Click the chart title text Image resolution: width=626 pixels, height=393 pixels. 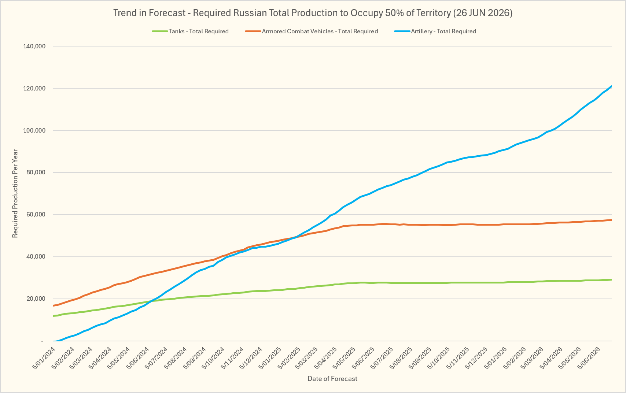click(x=313, y=13)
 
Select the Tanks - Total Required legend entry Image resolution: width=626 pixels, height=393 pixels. click(x=190, y=31)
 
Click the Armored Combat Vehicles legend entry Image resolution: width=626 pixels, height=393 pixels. click(x=312, y=31)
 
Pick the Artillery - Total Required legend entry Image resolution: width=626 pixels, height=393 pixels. click(x=435, y=31)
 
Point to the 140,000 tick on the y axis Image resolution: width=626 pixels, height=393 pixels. click(x=34, y=47)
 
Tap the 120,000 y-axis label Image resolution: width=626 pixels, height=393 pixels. click(x=34, y=89)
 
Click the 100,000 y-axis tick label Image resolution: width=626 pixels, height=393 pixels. click(x=34, y=130)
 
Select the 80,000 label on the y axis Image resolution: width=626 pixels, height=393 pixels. click(x=36, y=173)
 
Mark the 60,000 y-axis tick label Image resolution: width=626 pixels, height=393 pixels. click(x=36, y=215)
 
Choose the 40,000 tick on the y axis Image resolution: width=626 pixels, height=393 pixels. click(x=36, y=257)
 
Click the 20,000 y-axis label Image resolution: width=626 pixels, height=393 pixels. click(x=36, y=299)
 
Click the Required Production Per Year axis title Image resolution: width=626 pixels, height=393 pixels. click(x=15, y=193)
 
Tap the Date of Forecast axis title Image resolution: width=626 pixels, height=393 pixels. click(x=332, y=378)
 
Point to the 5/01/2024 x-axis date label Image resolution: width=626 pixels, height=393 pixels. click(x=44, y=358)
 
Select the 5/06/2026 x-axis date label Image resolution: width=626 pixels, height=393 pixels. click(x=589, y=358)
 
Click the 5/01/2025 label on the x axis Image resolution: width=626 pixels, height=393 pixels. click(x=270, y=358)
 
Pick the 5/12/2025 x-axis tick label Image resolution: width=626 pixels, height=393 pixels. click(x=476, y=358)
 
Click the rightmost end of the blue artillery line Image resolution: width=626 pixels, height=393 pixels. click(x=611, y=86)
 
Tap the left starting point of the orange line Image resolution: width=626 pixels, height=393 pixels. click(x=54, y=305)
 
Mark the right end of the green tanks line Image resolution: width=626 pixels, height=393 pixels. click(x=611, y=279)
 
